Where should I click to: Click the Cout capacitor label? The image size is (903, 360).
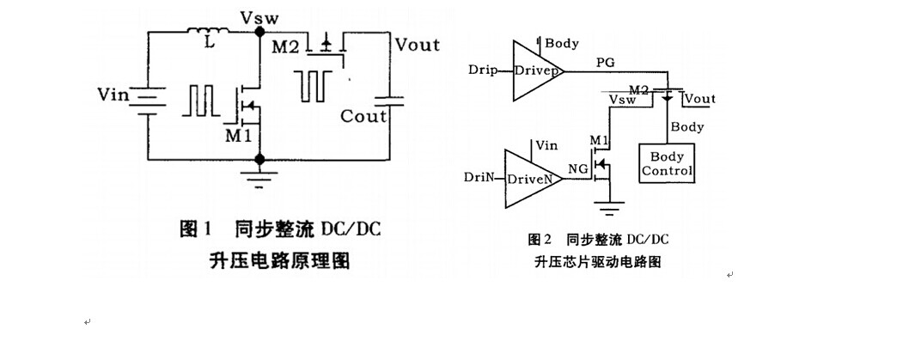point(363,115)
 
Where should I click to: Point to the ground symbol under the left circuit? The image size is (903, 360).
point(259,176)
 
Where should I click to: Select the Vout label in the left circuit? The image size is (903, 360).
point(416,45)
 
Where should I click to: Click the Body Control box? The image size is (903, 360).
point(667,163)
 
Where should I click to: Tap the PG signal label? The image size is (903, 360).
point(606,63)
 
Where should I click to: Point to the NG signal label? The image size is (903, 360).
point(577,171)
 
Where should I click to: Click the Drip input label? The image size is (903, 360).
point(485,68)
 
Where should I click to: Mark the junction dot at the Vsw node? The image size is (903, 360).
point(259,32)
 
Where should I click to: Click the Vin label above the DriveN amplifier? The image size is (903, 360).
point(546,147)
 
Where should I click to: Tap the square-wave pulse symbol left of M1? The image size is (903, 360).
point(199,100)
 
